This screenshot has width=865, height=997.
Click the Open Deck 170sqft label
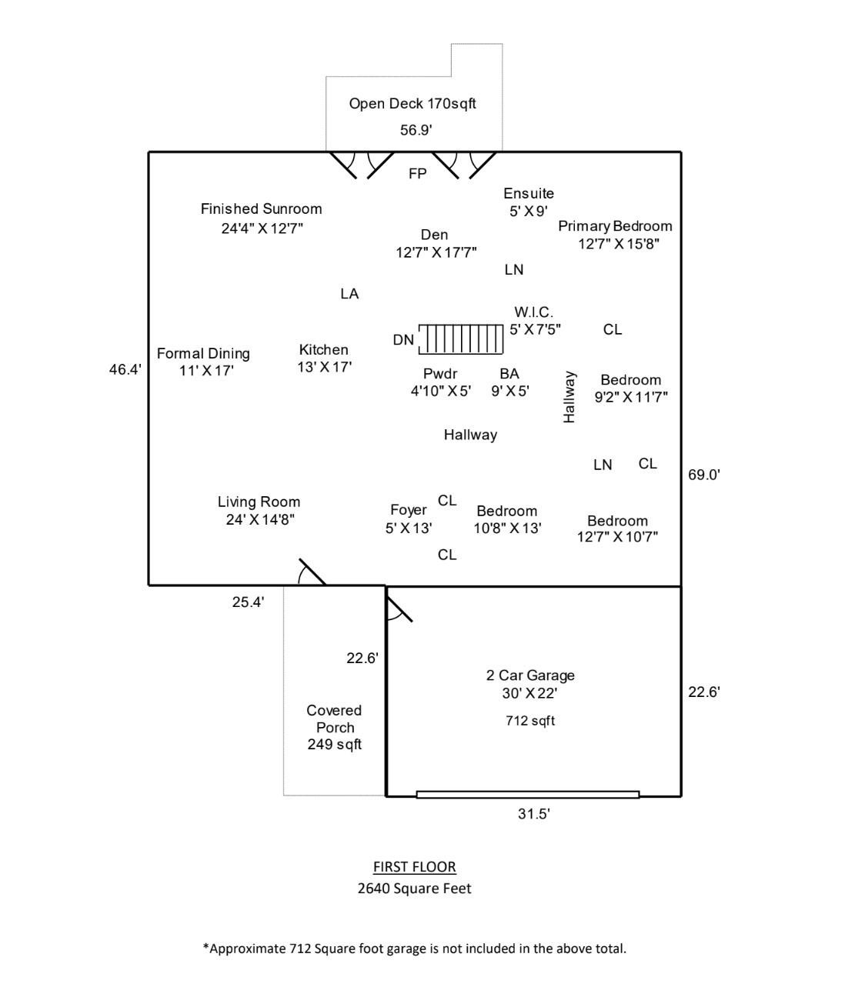tap(412, 104)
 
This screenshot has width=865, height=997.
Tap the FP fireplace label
tap(417, 174)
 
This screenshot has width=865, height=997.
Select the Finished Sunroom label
tap(261, 208)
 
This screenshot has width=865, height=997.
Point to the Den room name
tap(434, 235)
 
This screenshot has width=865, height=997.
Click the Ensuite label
tap(529, 193)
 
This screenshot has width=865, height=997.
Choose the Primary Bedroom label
tap(615, 226)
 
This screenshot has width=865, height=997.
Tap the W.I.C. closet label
tap(533, 312)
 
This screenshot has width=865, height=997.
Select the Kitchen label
tap(323, 350)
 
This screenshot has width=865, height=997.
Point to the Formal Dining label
tap(203, 354)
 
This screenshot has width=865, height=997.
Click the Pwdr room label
tap(440, 374)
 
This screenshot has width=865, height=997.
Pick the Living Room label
tap(259, 502)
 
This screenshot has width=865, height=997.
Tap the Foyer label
tap(408, 510)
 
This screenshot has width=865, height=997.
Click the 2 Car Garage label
tap(530, 675)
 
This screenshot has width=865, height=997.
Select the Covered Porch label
tap(334, 719)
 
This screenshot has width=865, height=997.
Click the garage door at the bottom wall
tap(528, 795)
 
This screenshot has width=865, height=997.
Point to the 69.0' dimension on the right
tap(703, 475)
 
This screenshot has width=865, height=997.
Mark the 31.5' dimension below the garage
tap(533, 814)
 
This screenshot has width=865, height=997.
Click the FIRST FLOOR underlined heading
tap(414, 867)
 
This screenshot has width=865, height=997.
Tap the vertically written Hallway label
tap(569, 397)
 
